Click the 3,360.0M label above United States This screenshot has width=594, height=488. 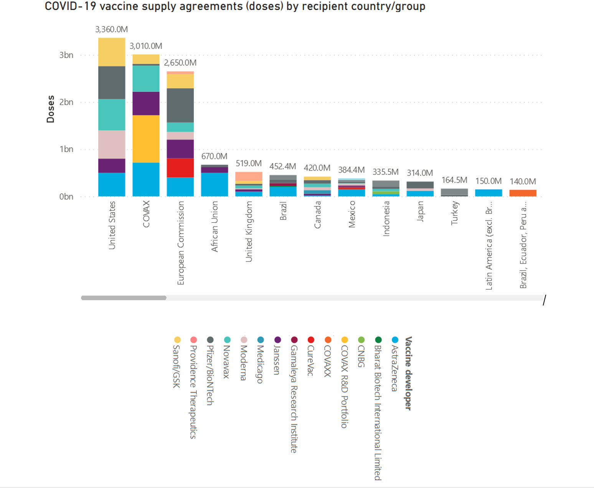pos(111,30)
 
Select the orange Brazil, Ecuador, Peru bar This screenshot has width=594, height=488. pos(523,193)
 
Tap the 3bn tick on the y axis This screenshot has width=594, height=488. pos(66,55)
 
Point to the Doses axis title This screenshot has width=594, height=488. pos(51,109)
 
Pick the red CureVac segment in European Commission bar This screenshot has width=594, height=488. pos(180,168)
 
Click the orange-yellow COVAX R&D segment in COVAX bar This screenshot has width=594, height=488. pos(146,139)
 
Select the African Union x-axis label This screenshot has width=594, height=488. pos(214,226)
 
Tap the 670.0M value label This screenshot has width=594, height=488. pos(214,156)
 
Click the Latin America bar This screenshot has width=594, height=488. pos(488,193)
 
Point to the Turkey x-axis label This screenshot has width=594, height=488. pos(454,213)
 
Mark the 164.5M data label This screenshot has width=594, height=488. pos(454,180)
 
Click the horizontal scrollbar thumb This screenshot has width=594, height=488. pos(124,298)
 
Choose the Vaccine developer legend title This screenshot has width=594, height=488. pos(408,373)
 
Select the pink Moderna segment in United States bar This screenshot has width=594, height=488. pos(111,144)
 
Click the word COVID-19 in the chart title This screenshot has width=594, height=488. pos(70,7)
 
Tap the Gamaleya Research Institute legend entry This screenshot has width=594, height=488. pos(294,398)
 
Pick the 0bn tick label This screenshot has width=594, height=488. pos(66,197)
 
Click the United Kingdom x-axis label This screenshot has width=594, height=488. pos(249,232)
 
